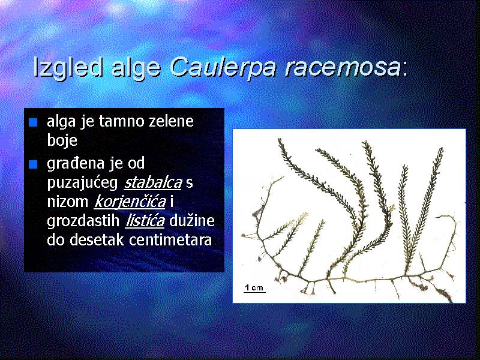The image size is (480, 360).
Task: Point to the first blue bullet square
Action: pyautogui.click(x=33, y=122)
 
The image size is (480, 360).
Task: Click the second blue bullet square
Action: pyautogui.click(x=33, y=164)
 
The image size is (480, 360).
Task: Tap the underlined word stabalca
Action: pyautogui.click(x=153, y=182)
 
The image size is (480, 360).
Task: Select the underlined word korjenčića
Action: pyautogui.click(x=130, y=202)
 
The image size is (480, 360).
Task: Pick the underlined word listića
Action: pyautogui.click(x=145, y=220)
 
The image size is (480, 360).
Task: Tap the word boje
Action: pyautogui.click(x=62, y=141)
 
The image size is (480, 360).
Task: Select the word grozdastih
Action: pyautogui.click(x=83, y=221)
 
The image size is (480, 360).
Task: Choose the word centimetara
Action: pyautogui.click(x=170, y=239)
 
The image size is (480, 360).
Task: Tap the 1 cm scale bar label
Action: pyautogui.click(x=254, y=287)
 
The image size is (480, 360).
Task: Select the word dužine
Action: pyautogui.click(x=192, y=220)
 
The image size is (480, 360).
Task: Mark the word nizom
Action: pyautogui.click(x=68, y=202)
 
